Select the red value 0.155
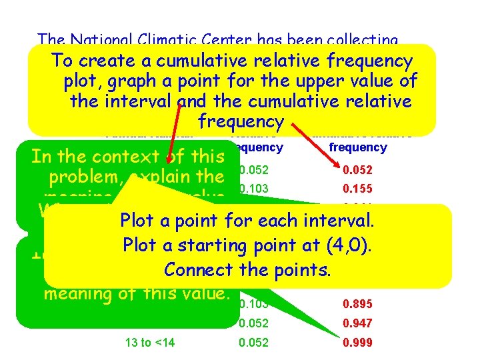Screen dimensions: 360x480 tap(357, 189)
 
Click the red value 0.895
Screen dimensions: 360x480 tap(357, 304)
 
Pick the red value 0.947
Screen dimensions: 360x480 tap(357, 323)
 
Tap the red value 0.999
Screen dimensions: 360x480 tap(357, 343)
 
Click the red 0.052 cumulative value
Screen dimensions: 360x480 tap(357, 169)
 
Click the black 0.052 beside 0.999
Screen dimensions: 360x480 tap(253, 343)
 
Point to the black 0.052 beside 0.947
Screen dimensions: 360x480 tap(253, 323)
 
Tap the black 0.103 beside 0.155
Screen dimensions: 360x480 tap(253, 189)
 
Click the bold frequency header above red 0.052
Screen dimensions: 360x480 tap(358, 147)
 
